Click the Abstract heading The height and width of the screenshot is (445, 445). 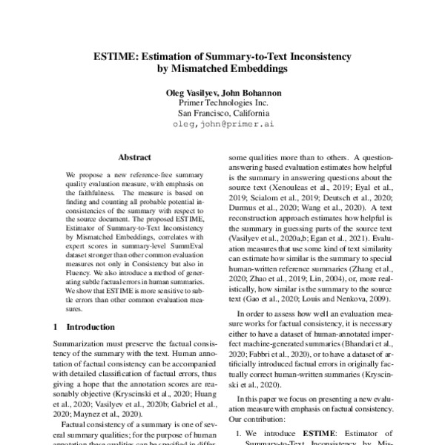pos(134,157)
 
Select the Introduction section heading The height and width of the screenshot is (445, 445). pos(91,326)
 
